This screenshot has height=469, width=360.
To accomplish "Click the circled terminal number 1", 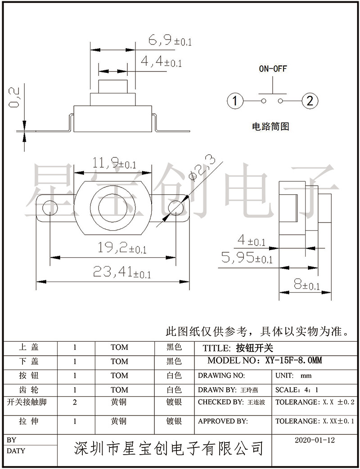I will pyautogui.click(x=234, y=101).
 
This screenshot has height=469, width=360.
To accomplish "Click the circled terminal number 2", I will pyautogui.click(x=310, y=101).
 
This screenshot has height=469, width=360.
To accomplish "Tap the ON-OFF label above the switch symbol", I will pyautogui.click(x=272, y=69).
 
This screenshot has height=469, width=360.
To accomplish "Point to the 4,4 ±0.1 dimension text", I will pyautogui.click(x=161, y=62).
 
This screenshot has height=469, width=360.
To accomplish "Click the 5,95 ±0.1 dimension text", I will pyautogui.click(x=247, y=258).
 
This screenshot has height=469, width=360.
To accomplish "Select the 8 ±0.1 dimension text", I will pyautogui.click(x=306, y=284).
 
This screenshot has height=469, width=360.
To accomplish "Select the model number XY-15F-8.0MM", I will pyautogui.click(x=293, y=361).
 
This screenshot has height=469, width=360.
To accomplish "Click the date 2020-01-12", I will pyautogui.click(x=315, y=440).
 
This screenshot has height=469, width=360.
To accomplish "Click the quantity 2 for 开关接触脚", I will pyautogui.click(x=75, y=402).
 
